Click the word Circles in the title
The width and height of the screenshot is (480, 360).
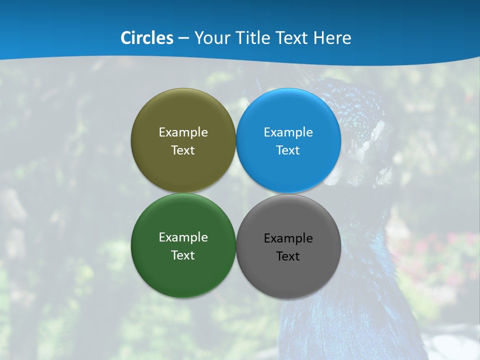147,38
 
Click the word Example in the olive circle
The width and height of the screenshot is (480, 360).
183,132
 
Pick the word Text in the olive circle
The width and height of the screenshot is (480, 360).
183,150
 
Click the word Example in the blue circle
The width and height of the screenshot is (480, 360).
288,132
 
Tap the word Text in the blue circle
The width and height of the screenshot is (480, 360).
288,150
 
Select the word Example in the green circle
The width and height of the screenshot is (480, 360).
183,237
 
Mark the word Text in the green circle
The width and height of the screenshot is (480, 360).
183,255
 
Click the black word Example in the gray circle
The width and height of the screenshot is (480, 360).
288,238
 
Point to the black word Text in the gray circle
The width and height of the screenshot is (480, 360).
288,256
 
